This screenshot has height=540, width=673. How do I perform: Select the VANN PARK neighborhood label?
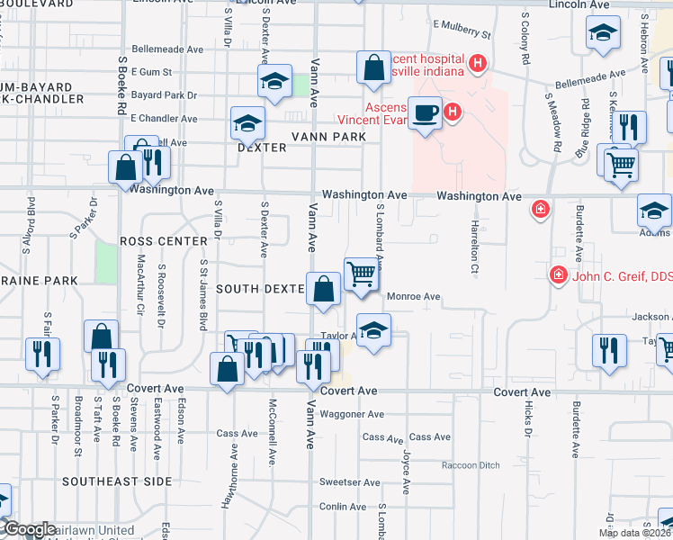point(328,137)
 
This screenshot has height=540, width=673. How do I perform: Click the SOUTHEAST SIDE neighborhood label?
point(117,481)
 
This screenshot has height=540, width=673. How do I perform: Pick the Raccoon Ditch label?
point(470,465)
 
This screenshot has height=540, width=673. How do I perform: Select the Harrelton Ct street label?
point(473,248)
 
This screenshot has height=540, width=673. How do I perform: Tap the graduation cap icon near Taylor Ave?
point(373,328)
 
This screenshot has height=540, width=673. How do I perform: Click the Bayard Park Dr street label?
point(165,94)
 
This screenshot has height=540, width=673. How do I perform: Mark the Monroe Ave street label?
point(413,296)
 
